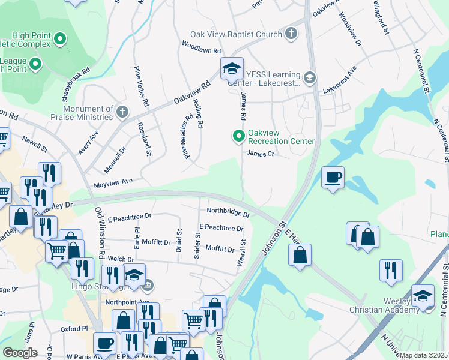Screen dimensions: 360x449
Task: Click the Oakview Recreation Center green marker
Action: (x=239, y=137)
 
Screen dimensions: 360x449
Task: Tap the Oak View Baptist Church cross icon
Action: (x=291, y=33)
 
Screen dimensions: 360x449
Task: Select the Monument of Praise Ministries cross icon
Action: (x=122, y=112)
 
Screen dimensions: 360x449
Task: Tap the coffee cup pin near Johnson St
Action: (x=333, y=178)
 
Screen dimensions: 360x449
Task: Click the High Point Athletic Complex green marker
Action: (x=59, y=40)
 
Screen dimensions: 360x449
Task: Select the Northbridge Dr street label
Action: (x=228, y=212)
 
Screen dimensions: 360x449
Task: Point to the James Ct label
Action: (x=261, y=154)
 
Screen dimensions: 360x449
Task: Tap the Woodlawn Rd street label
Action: (x=202, y=47)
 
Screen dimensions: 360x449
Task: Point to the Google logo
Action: (x=20, y=352)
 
